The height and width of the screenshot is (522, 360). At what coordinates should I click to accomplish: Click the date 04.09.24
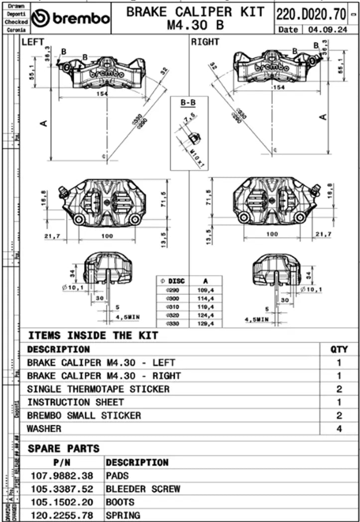(x=327, y=29)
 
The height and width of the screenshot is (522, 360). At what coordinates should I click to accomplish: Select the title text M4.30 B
(x=195, y=24)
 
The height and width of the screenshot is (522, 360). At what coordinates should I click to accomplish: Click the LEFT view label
(x=33, y=42)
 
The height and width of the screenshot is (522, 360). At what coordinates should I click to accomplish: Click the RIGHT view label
(x=205, y=42)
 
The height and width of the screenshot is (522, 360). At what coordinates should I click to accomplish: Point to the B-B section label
(x=188, y=103)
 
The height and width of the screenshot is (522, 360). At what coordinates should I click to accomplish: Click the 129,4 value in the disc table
(x=206, y=324)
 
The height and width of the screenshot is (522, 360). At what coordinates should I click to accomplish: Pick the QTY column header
(x=339, y=349)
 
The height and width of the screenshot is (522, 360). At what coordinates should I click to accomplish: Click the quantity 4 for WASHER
(x=339, y=428)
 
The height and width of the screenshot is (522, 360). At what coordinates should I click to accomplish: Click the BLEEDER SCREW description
(x=143, y=489)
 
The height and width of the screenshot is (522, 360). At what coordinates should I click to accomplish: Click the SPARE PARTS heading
(x=63, y=448)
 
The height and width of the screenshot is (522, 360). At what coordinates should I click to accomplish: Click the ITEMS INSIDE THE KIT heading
(x=93, y=335)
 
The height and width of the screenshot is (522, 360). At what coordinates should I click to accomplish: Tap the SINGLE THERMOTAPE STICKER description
(x=98, y=389)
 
